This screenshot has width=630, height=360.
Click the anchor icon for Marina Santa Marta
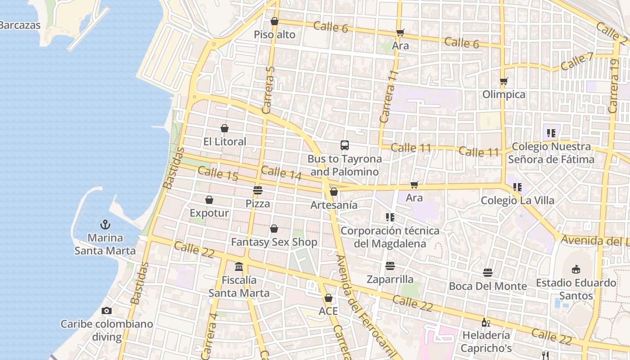coord(105,224)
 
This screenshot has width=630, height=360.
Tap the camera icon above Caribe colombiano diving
coord(107,310)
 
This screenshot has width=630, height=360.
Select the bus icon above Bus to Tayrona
coord(345,145)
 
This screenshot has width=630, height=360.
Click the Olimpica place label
coord(504,94)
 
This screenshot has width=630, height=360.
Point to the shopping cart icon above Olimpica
coord(504,81)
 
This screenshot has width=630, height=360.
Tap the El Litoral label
coord(225,142)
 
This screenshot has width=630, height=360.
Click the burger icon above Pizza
coord(258,190)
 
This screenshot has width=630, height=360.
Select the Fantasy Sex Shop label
coord(274,242)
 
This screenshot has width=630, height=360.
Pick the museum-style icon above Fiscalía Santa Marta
coord(239,267)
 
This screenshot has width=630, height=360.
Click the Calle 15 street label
coord(218,174)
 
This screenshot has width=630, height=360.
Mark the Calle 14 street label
coord(281,173)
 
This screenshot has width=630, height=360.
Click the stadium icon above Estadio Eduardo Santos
coord(576,270)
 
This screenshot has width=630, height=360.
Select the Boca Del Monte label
coord(488,286)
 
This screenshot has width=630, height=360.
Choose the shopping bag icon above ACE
coord(328,298)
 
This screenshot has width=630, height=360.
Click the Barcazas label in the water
coord(20,25)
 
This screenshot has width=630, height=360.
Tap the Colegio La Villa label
coord(517,200)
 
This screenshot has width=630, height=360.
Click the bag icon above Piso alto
coord(274,21)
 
